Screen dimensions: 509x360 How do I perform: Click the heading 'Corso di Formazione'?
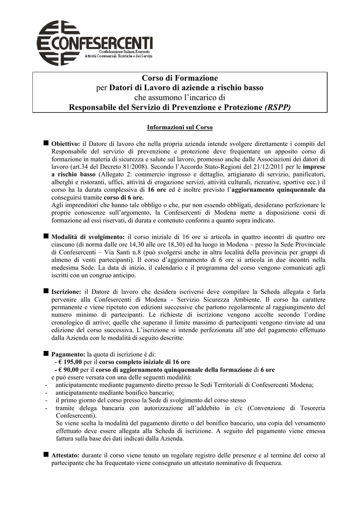point(180,78)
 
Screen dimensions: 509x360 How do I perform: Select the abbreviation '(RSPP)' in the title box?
point(278,107)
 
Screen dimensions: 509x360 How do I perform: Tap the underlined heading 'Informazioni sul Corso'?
point(180,128)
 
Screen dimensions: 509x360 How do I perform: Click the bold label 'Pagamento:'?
point(68,354)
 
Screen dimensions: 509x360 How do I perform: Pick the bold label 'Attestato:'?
point(65,455)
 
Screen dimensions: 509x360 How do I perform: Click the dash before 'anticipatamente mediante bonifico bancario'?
point(46,393)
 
